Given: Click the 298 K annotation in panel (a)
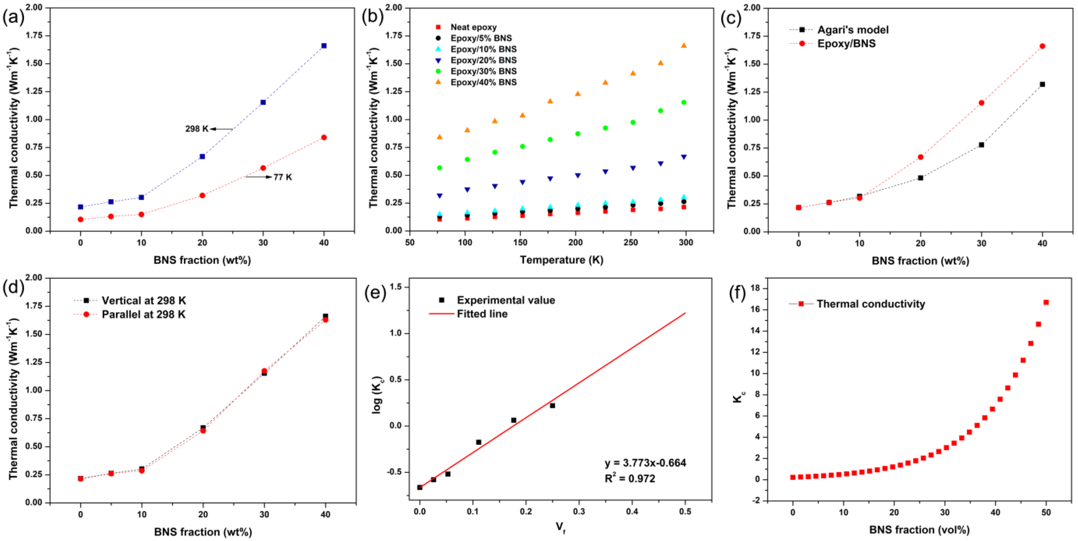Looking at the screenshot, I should coord(197,129).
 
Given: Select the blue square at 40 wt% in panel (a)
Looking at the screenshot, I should coord(323,46).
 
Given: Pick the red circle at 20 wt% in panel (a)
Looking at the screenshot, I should coord(202,195).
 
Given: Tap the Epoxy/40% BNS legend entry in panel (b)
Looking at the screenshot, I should coord(483,82).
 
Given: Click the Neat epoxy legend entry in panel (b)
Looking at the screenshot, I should coord(473,27).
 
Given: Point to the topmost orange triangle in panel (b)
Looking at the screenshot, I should coord(684,45).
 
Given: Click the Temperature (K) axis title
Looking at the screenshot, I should coord(561,260).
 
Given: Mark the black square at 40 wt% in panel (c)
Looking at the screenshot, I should coord(1042,84).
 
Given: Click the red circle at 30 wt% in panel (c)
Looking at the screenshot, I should coord(981,102).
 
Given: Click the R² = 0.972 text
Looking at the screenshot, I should coord(629,478).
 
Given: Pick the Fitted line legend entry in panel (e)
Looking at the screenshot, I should coord(482,314).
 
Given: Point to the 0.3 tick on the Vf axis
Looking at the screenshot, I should coord(579,511).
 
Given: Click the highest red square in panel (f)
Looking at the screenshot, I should coord(1046,302).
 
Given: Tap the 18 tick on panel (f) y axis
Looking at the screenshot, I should coord(756,288).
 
